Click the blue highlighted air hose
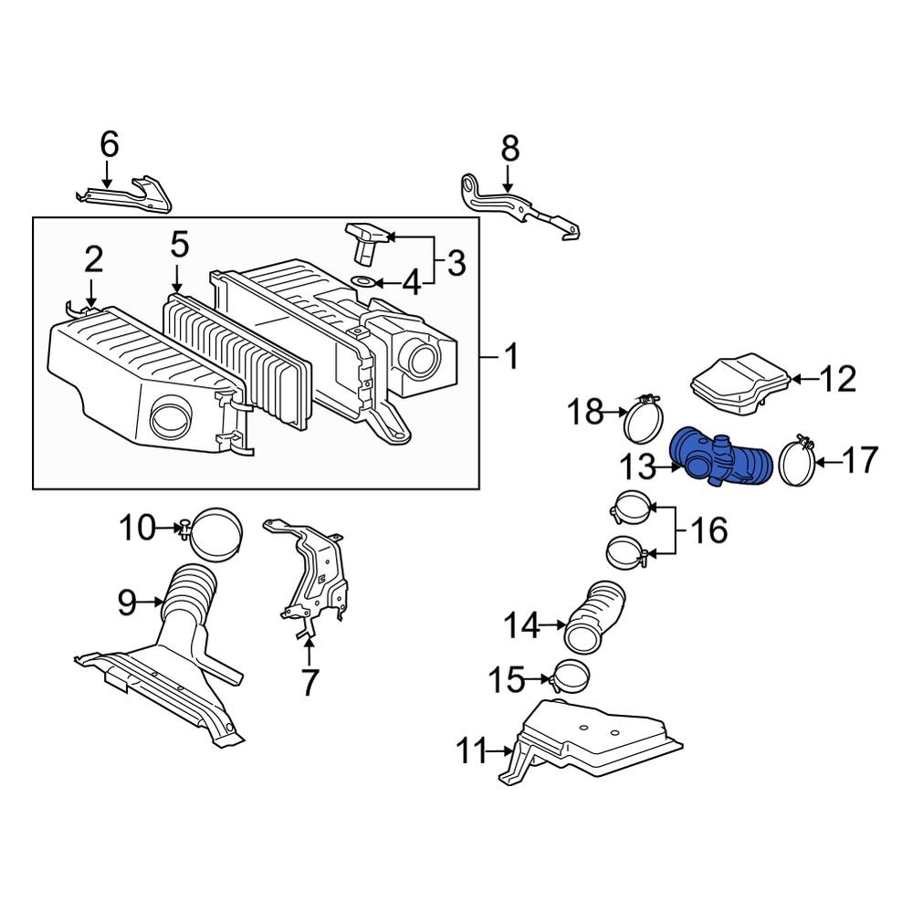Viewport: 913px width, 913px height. pyautogui.click(x=719, y=458)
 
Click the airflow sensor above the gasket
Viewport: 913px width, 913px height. pyautogui.click(x=367, y=241)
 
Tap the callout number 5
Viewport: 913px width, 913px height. pyautogui.click(x=180, y=245)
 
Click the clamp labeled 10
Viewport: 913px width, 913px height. pyautogui.click(x=211, y=533)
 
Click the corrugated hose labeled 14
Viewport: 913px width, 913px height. pyautogui.click(x=595, y=616)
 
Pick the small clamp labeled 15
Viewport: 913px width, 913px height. pyautogui.click(x=568, y=677)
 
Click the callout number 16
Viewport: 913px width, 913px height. pyautogui.click(x=709, y=531)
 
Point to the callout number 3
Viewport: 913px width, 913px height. pyautogui.click(x=456, y=263)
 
